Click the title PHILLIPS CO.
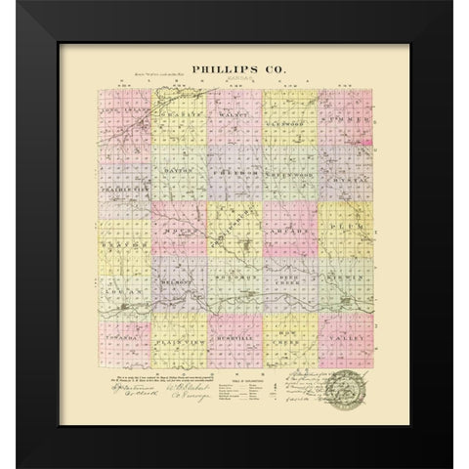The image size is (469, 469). (x=234, y=70)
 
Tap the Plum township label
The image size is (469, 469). (x=348, y=227)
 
